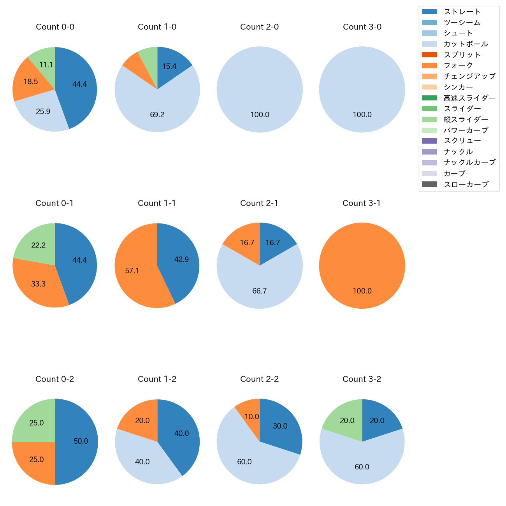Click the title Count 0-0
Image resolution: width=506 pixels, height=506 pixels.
coord(55,27)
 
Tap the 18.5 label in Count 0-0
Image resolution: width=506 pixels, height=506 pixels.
coord(31,81)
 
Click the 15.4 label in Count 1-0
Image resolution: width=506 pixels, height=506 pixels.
coord(169,66)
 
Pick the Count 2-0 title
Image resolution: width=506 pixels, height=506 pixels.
coord(259,27)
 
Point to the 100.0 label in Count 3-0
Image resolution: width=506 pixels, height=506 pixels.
coord(362,114)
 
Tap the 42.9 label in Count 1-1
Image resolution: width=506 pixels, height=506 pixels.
coord(181,259)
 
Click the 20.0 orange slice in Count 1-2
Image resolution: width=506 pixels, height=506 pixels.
coord(142,420)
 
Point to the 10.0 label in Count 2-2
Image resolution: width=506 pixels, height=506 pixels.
coord(252,416)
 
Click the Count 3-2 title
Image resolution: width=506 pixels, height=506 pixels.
coord(362,379)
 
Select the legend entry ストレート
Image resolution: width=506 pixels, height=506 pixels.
coord(462,12)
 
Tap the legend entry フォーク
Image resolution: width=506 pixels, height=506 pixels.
coord(458,65)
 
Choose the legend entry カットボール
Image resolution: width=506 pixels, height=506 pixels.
coord(466,44)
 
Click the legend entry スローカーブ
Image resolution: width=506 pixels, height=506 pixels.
coord(466,184)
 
